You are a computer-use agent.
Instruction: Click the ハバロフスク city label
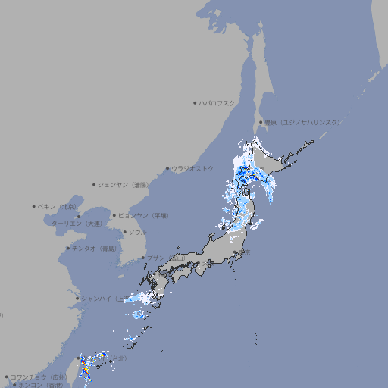[217, 103]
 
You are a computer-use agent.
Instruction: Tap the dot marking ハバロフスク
[195, 103]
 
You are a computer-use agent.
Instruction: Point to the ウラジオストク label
[192, 168]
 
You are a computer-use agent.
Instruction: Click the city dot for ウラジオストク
[167, 169]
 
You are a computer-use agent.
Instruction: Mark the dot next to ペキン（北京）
[34, 206]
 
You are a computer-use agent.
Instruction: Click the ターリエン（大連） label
[76, 224]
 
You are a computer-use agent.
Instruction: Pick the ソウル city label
[136, 232]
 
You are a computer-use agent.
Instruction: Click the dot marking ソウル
[123, 233]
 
